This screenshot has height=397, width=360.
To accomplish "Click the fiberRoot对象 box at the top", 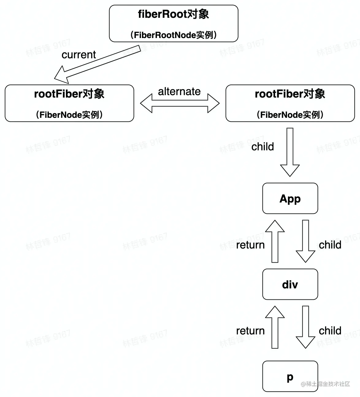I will point(174,23).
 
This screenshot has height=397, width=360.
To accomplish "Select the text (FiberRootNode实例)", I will point(174,35).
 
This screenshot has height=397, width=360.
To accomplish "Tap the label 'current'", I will point(79,55).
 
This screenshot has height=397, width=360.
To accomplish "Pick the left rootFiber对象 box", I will point(69,103).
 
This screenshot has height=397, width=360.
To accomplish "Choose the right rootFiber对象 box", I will point(290,103).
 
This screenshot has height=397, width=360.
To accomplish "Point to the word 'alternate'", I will point(179,91).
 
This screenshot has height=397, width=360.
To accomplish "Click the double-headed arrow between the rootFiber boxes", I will point(180,103).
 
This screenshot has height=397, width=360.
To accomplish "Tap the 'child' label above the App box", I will point(262,147).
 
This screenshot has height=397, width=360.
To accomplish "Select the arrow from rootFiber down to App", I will point(290,152).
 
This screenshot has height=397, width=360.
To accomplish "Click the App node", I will point(290,198).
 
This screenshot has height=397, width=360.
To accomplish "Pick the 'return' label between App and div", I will point(250,245).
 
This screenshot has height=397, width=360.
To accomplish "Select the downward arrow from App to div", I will point(305,241).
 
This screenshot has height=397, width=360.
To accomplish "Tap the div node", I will point(290,284).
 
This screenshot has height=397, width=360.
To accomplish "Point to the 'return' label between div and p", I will point(250,331).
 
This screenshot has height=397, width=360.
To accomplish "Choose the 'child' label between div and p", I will point(330,331).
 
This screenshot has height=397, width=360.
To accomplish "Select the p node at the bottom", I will point(290,376).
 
